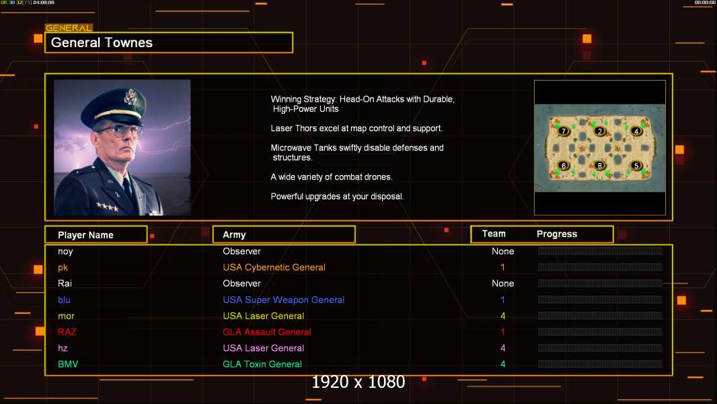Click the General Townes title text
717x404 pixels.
point(102,42)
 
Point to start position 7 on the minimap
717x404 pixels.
point(564,131)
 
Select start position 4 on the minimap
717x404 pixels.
point(636,131)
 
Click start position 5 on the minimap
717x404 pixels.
point(636,165)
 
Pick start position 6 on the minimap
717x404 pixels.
point(564,165)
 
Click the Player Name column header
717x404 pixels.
point(85,235)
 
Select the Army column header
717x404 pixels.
point(234,235)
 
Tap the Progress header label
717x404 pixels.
point(556,234)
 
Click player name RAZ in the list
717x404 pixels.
point(67,332)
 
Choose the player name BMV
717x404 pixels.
point(68,364)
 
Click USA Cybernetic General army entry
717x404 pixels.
point(274,267)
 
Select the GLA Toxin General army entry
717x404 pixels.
point(262,364)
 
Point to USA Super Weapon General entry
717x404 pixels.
point(283,300)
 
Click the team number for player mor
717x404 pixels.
point(502,316)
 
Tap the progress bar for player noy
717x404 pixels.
point(599,251)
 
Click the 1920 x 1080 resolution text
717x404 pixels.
point(358,382)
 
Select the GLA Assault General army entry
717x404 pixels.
point(267,332)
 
